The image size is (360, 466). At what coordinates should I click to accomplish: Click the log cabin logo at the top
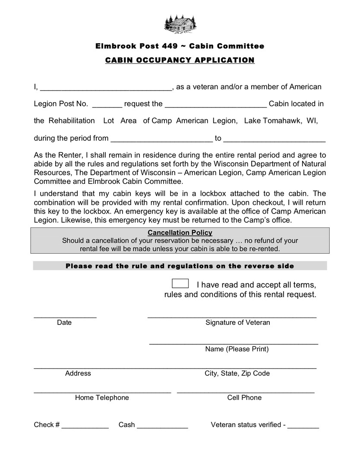[180, 23]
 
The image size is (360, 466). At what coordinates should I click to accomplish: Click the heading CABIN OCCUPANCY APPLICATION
[180, 60]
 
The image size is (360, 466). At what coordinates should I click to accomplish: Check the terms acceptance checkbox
[180, 283]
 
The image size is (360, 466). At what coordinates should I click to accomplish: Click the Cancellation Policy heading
[180, 233]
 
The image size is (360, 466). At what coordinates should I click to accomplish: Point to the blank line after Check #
[85, 427]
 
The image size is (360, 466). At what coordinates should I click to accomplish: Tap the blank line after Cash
[162, 427]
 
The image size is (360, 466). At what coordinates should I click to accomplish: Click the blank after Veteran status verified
[303, 427]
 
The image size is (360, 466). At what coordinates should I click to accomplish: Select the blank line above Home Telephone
[102, 391]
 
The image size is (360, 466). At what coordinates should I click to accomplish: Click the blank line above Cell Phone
[246, 391]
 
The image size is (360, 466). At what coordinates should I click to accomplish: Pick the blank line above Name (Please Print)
[234, 343]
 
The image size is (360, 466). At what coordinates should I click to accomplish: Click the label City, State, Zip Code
[237, 373]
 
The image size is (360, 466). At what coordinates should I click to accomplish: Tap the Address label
[78, 373]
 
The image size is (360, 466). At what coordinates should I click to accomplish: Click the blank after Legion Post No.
[107, 106]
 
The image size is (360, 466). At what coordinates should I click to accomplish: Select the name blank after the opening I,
[106, 89]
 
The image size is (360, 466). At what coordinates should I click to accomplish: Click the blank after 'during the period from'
[162, 141]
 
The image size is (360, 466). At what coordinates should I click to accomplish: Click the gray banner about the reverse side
[180, 266]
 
